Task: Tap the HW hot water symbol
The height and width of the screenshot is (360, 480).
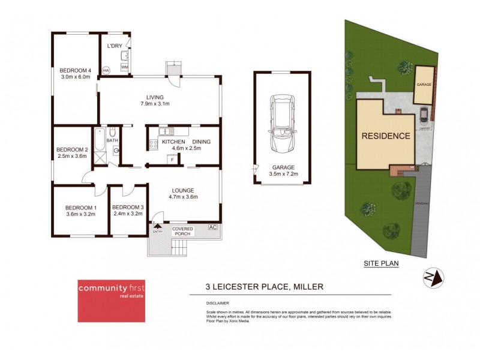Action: point(106,71)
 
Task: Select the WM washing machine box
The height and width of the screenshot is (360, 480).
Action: point(124,67)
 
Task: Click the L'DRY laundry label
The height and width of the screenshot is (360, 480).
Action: point(115,46)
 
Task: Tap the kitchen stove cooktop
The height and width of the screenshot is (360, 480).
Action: point(152,143)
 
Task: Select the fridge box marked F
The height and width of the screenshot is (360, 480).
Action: point(173,159)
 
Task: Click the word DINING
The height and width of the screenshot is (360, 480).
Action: point(202,142)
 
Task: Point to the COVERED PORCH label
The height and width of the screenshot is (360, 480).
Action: point(183,232)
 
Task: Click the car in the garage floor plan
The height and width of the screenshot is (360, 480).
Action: point(282,123)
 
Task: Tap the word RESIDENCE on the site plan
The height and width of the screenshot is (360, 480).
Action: point(385,136)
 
